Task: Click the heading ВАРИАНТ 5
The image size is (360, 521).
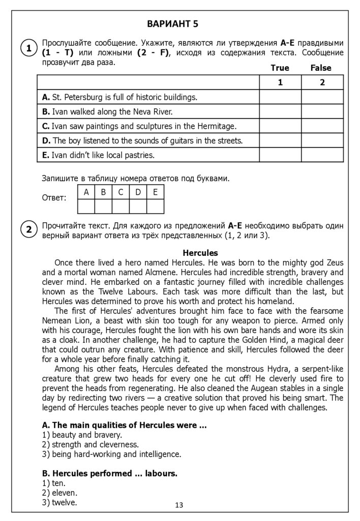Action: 172,23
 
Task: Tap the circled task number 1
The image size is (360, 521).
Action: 29,48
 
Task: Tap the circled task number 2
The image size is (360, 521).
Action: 29,230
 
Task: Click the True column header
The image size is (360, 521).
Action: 280,68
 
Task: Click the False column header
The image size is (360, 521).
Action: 321,68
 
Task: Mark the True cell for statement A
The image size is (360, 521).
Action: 280,97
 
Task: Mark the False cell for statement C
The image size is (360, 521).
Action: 322,126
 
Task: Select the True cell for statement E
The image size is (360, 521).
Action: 280,155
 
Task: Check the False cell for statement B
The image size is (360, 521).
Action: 322,111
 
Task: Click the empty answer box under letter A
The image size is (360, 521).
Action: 86,206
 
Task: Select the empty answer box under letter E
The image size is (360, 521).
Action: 155,206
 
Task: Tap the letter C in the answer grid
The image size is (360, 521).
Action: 121,192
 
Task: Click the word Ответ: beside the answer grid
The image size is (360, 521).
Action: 54,198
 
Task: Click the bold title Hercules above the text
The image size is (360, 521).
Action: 200,253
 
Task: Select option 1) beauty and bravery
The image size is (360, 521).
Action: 82,435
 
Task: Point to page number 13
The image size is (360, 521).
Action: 179,505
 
